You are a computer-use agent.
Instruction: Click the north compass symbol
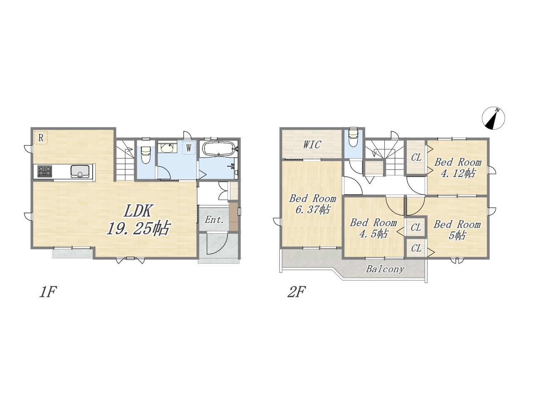click(493, 118)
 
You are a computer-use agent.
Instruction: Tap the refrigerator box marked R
click(41, 137)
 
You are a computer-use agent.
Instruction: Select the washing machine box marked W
click(189, 147)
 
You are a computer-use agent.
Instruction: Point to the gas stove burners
click(45, 170)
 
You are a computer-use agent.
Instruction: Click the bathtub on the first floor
click(219, 149)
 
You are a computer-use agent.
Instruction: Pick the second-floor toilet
click(353, 137)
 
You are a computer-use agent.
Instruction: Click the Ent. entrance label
click(214, 220)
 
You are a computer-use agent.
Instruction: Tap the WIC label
click(312, 145)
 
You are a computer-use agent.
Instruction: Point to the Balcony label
click(385, 269)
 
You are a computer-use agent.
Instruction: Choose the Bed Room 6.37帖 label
click(313, 204)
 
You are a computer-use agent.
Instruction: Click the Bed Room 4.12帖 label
click(458, 168)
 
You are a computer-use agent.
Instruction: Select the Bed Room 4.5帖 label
click(373, 228)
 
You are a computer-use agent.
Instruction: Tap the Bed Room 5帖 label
click(457, 230)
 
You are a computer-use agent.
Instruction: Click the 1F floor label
click(48, 292)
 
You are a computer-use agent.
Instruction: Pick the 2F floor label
click(296, 292)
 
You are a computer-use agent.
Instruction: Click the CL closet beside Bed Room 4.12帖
click(416, 157)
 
